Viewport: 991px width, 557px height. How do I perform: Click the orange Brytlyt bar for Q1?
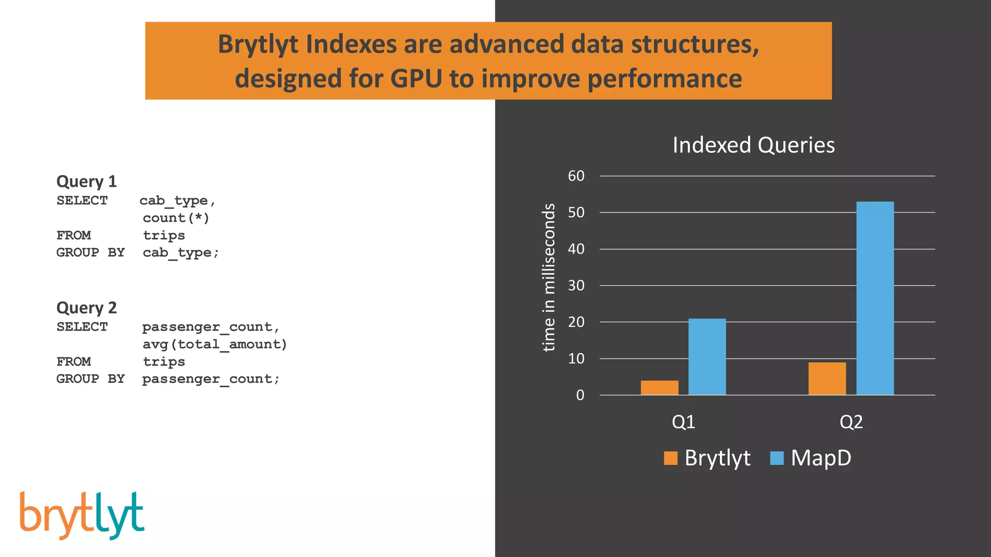[659, 387]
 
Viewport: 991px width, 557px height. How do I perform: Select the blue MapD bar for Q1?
[707, 357]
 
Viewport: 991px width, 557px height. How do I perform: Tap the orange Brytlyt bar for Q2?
[827, 379]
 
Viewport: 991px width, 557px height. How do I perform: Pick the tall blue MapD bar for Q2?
[875, 298]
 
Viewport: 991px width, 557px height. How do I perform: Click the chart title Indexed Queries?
[753, 145]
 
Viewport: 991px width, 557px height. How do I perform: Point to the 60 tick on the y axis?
[576, 176]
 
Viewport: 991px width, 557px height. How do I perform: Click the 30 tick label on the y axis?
[576, 286]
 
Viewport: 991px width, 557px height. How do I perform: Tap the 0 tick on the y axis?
[580, 396]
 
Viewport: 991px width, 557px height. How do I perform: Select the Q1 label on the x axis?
[683, 422]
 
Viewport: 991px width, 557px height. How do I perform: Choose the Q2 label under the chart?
[851, 422]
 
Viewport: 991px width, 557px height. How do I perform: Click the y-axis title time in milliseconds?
[549, 277]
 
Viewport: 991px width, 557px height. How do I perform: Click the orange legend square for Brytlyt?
[671, 458]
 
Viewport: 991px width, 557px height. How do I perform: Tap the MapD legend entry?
[820, 458]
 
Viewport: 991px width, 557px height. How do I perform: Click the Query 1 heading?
[87, 181]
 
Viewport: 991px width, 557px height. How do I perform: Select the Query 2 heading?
[87, 308]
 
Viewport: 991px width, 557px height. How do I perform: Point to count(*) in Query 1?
[176, 218]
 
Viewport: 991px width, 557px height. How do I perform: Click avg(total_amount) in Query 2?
[215, 344]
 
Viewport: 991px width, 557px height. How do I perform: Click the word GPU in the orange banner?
[416, 79]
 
